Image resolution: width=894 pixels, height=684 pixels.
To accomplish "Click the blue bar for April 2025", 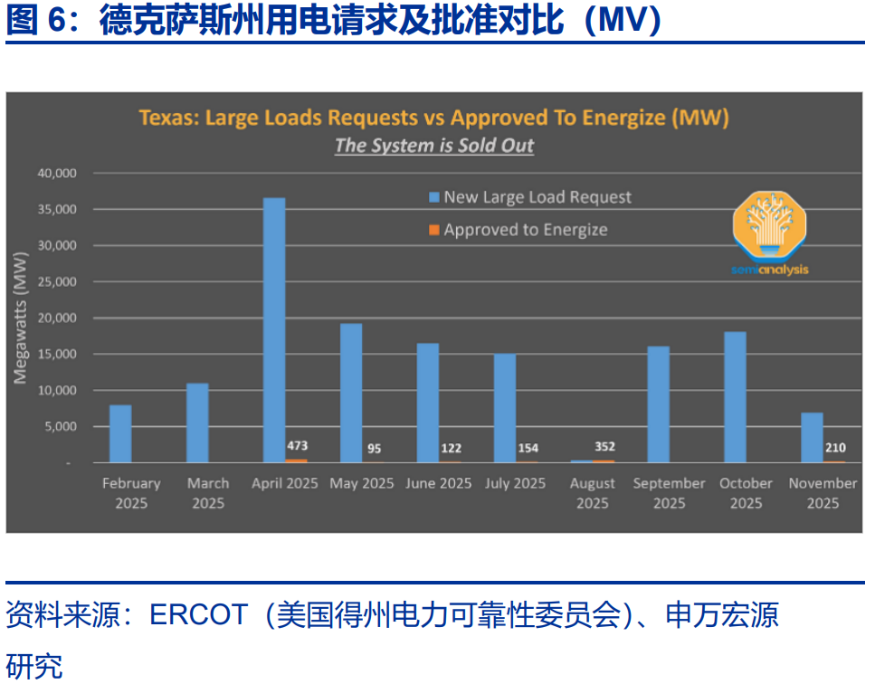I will (x=274, y=330).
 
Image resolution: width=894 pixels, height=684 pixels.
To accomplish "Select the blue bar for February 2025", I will (x=120, y=433).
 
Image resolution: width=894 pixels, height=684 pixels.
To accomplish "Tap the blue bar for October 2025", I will (x=735, y=397).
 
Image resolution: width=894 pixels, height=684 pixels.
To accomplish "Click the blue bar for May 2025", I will (x=351, y=393).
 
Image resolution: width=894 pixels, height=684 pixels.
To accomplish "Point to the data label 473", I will (x=298, y=446).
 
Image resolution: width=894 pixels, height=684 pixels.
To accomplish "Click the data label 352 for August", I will (x=604, y=446).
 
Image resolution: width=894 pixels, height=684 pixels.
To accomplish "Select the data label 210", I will (x=835, y=447).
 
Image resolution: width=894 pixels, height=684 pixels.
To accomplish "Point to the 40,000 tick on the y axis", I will (x=57, y=173).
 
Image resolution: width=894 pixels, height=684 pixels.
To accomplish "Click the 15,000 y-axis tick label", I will (x=57, y=354).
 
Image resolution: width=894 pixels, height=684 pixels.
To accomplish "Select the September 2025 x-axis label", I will (x=669, y=493).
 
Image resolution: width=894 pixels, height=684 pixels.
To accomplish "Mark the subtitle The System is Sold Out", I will (x=434, y=146).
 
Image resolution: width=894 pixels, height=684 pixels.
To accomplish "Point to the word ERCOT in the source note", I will (x=198, y=615).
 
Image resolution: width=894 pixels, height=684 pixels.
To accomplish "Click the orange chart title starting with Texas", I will (x=433, y=118).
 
